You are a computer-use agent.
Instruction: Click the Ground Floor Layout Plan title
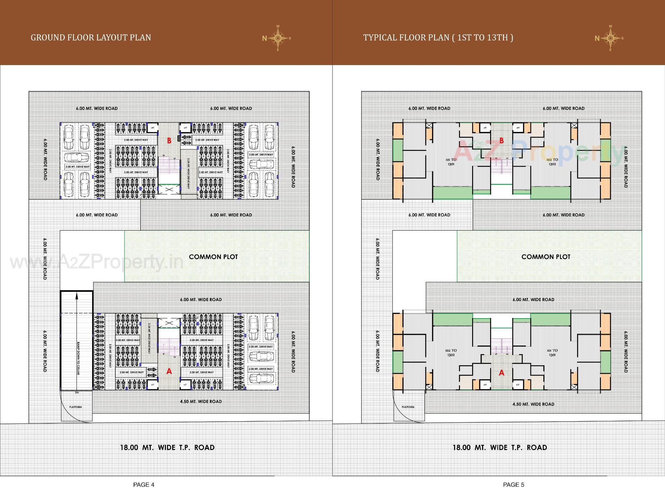(x=91, y=37)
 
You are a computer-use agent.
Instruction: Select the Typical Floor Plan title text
(x=438, y=37)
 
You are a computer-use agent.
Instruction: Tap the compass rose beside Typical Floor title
(x=610, y=38)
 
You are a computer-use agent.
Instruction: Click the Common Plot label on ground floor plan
(x=213, y=257)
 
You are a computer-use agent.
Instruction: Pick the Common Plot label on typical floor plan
(x=546, y=257)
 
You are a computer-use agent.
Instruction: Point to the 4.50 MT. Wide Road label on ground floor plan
(x=201, y=402)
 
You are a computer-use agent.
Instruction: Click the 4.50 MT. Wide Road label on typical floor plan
(x=533, y=404)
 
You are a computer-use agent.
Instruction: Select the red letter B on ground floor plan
(x=169, y=141)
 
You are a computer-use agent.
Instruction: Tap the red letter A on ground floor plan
(x=169, y=371)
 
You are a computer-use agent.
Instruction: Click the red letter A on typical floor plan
(x=501, y=373)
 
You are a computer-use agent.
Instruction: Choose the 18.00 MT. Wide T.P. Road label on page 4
(x=167, y=447)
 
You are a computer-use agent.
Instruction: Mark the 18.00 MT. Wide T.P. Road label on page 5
(x=500, y=447)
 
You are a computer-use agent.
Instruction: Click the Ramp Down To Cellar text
(x=79, y=358)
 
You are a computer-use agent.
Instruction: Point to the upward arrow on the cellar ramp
(x=77, y=296)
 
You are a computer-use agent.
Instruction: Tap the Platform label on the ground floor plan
(x=76, y=407)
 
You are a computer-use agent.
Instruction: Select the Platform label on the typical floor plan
(x=408, y=407)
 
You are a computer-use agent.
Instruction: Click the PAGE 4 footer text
(x=144, y=485)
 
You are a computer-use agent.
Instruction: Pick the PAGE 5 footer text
(x=514, y=485)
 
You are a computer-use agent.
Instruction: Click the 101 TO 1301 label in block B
(x=451, y=162)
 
